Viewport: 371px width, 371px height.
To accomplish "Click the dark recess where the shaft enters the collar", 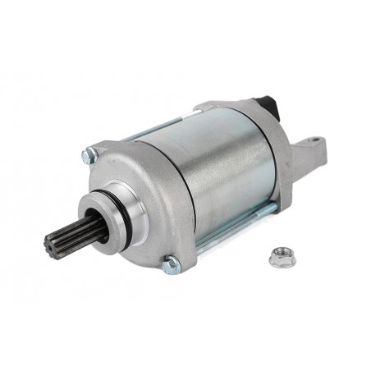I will (98, 232).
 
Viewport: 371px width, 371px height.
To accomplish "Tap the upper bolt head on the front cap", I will (89, 153).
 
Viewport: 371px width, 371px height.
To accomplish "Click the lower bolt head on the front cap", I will (170, 264).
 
